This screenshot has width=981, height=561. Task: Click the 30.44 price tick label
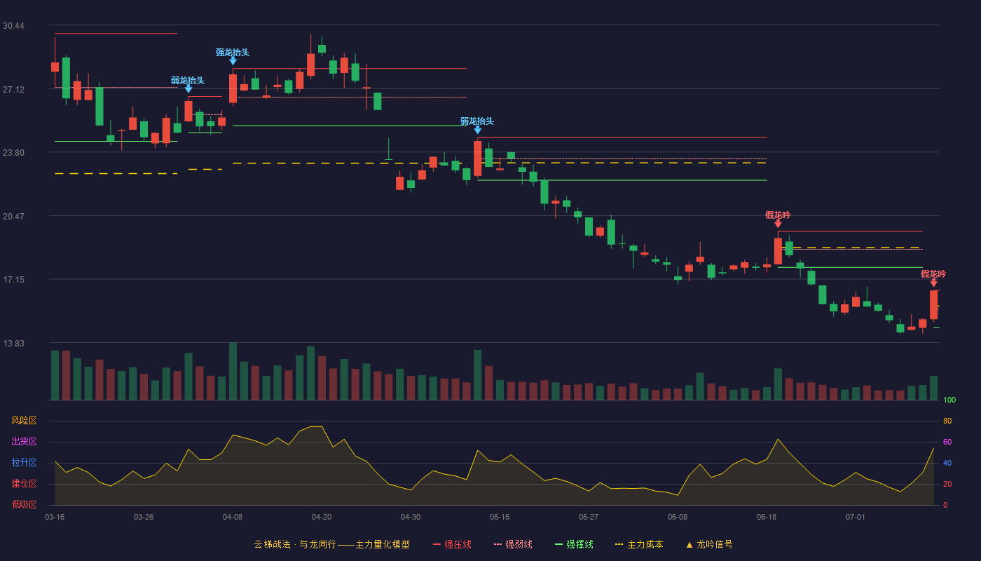point(13,26)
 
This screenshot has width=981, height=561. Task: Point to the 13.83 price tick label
point(13,343)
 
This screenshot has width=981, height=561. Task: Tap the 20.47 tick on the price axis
point(13,217)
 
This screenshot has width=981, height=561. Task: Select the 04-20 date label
point(322,518)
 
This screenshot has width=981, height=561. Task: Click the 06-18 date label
point(767,518)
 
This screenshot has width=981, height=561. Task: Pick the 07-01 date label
point(856,518)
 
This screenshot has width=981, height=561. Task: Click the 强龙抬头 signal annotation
point(233,53)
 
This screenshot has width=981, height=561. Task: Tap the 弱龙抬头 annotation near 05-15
point(477,121)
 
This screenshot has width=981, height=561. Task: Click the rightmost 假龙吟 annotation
point(933,274)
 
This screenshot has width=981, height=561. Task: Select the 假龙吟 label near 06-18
point(778,215)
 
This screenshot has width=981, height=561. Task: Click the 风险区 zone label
point(24,421)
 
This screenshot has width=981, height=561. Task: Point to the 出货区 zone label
point(24,441)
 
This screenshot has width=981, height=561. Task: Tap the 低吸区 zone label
point(24,504)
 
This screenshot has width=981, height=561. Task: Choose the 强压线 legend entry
point(452,544)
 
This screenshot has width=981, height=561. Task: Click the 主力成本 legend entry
point(639,544)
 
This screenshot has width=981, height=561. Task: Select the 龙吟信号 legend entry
point(709,544)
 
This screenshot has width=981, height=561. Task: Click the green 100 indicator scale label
point(949,400)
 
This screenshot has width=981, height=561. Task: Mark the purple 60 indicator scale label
point(947,442)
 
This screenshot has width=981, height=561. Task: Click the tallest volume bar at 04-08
point(233,371)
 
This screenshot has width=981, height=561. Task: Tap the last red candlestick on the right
point(933,304)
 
